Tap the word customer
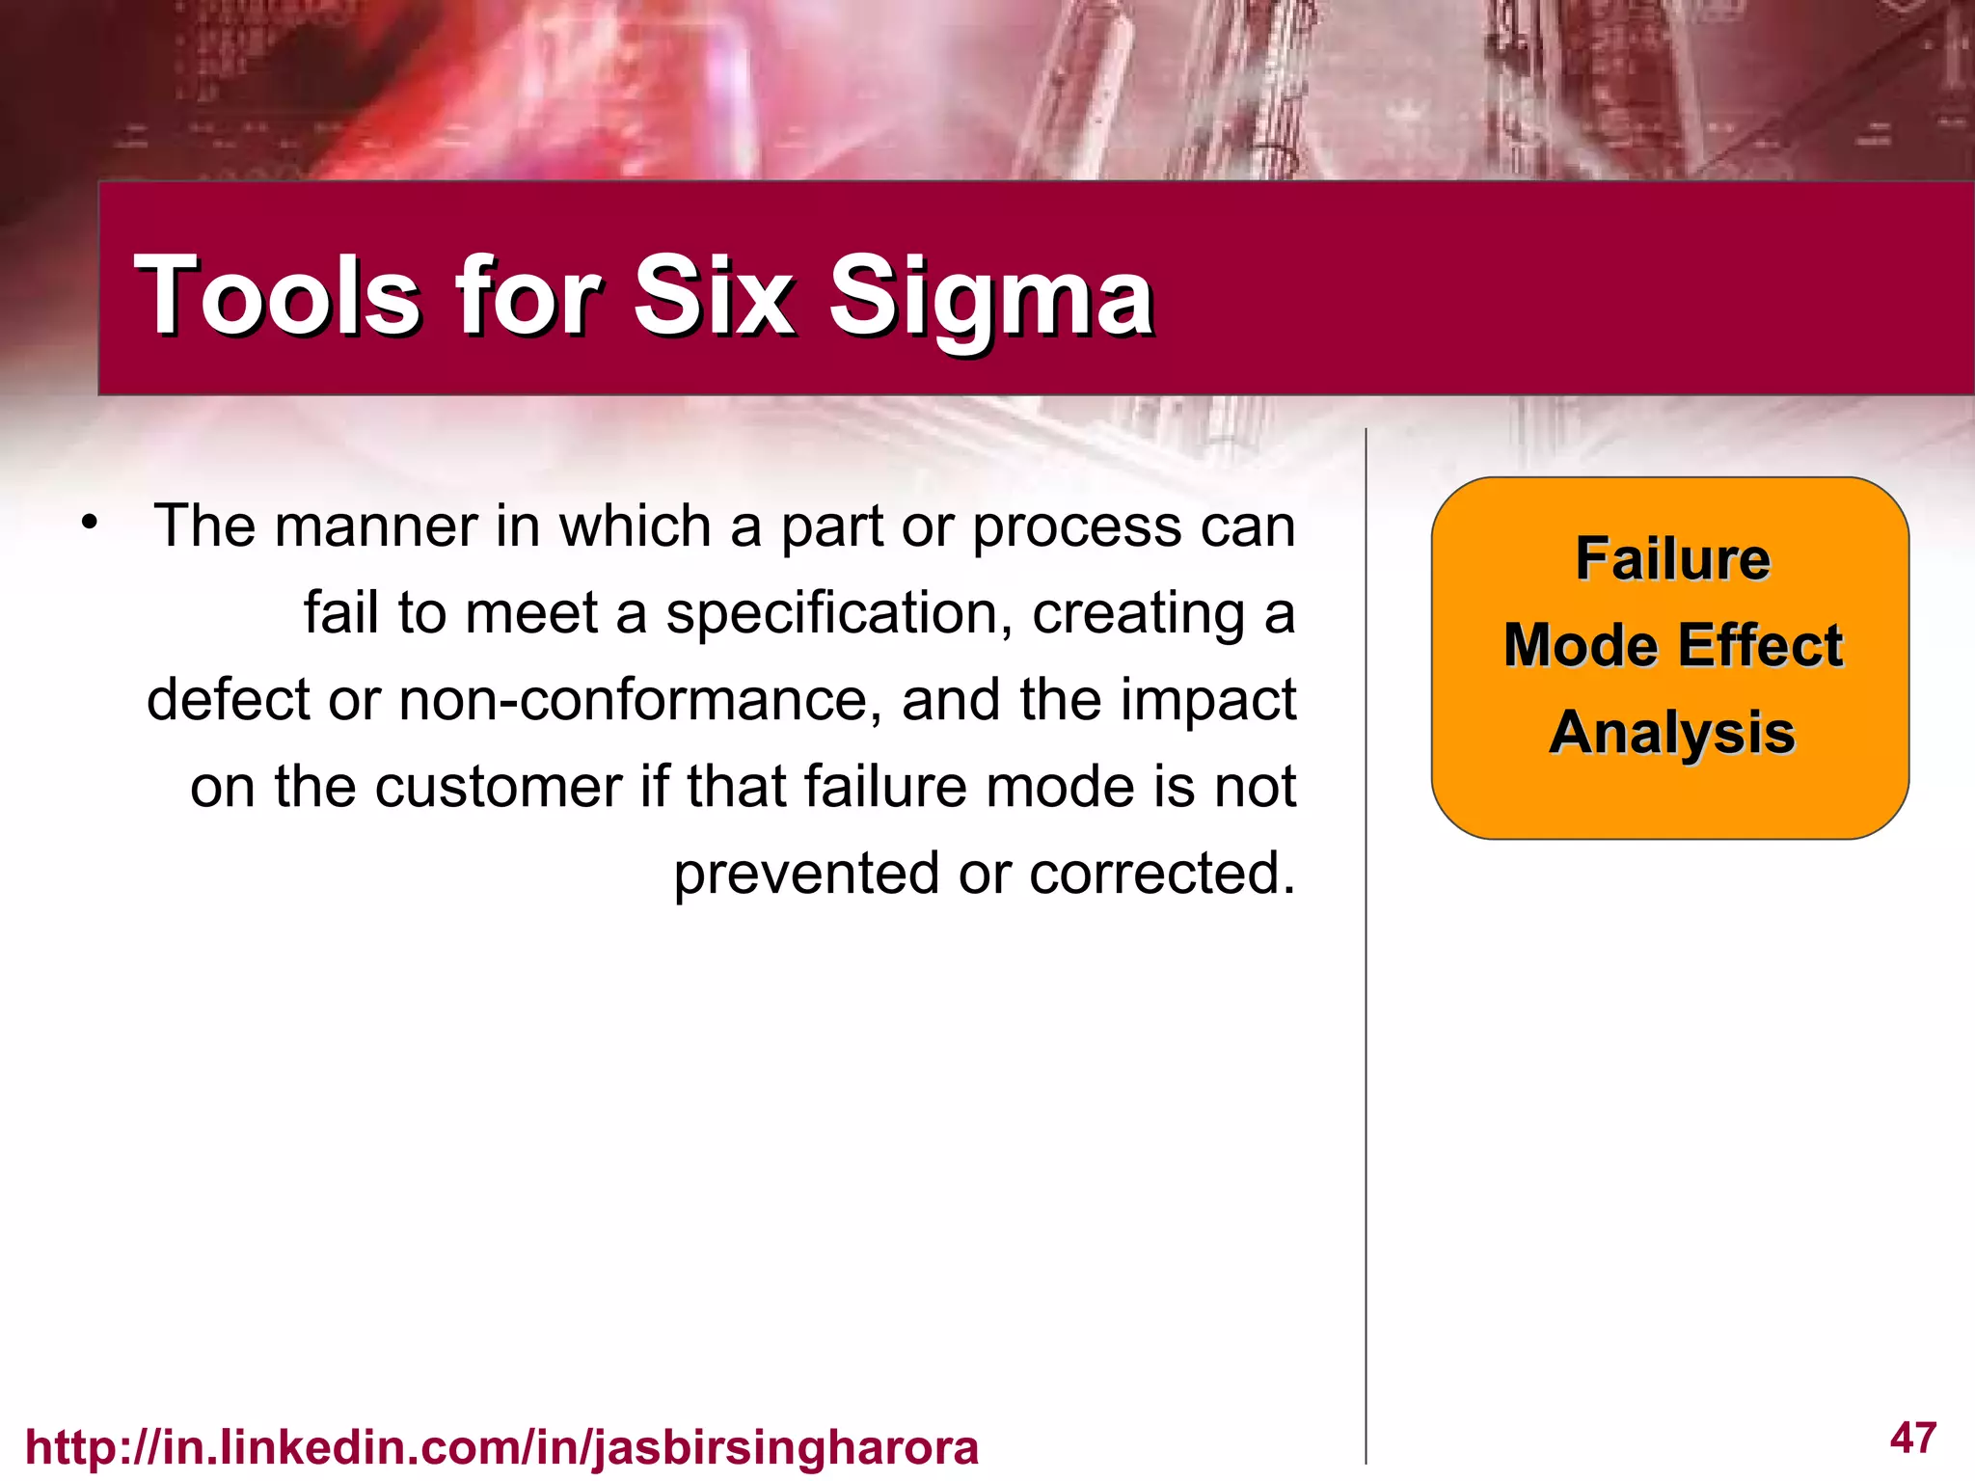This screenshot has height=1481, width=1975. click(499, 787)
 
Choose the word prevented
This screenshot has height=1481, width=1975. click(806, 874)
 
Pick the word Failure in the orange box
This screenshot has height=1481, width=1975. click(1672, 559)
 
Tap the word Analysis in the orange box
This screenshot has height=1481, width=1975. click(1672, 733)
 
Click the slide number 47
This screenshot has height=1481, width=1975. click(1913, 1438)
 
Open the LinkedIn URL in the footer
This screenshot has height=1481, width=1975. click(501, 1447)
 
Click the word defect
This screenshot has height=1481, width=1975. click(228, 700)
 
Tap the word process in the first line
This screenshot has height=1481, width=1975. click(1076, 528)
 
